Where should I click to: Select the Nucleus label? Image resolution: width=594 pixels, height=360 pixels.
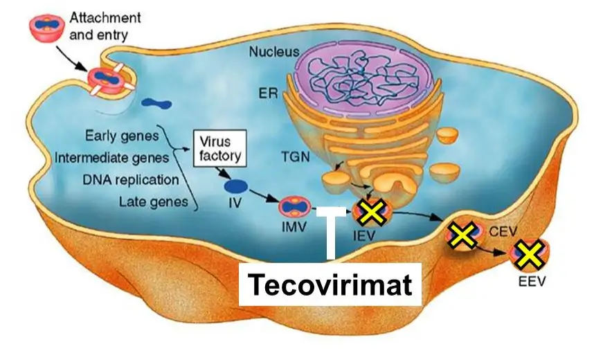click(273, 52)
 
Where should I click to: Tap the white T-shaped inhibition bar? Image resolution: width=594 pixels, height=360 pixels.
click(331, 233)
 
